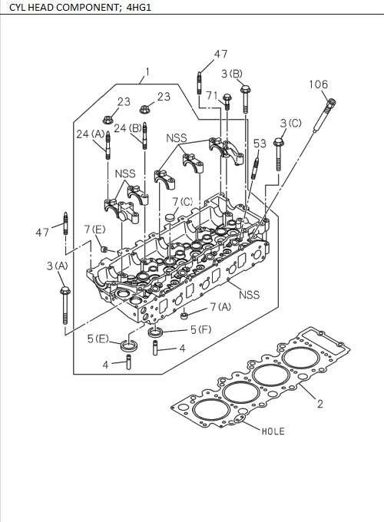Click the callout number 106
(319, 84)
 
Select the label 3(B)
(232, 74)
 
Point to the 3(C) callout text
(290, 123)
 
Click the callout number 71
(212, 95)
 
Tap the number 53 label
(260, 144)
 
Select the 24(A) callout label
(90, 134)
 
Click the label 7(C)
(182, 202)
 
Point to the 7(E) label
(94, 230)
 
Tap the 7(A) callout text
(220, 307)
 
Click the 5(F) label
(200, 329)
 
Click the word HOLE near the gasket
(273, 431)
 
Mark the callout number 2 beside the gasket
(319, 405)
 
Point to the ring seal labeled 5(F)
(156, 332)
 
